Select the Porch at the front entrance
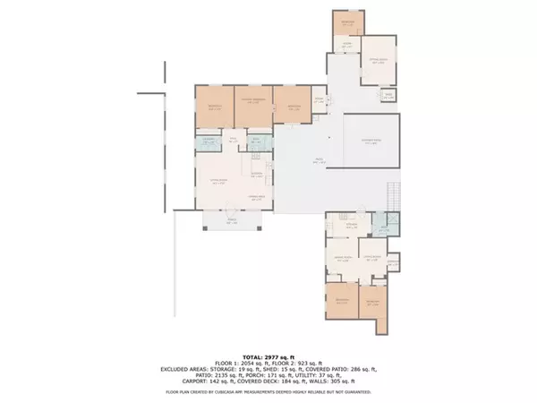coord(231,222)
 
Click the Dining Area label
coord(259,196)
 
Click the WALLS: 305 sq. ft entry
coord(340,382)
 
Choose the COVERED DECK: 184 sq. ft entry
coord(278,382)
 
